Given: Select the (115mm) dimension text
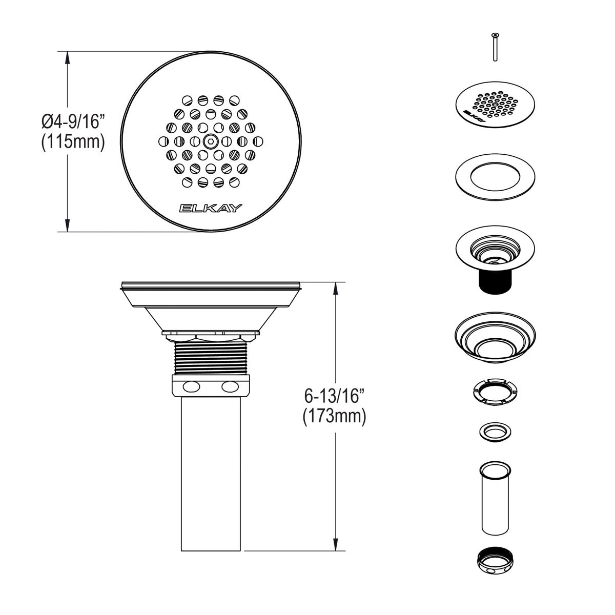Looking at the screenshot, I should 73,142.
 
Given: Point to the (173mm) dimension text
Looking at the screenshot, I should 334,417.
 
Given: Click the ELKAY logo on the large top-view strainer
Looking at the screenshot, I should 210,208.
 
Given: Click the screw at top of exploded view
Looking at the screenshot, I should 495,47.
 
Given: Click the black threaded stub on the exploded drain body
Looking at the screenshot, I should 495,282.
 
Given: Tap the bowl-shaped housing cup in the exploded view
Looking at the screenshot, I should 495,339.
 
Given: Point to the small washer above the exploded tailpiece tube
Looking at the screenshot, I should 495,431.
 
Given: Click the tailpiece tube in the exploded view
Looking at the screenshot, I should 495,497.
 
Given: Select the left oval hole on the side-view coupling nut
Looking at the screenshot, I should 192,386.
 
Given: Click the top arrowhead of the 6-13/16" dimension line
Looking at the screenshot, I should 336,288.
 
